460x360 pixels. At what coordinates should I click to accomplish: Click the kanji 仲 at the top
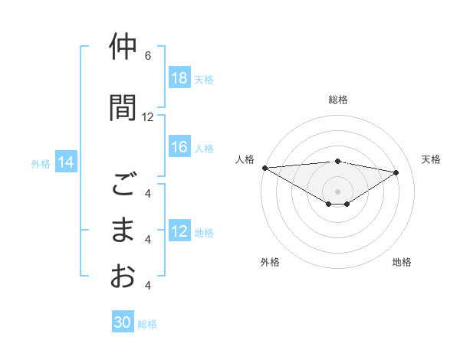click(x=123, y=47)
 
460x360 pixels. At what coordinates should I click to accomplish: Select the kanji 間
click(x=123, y=107)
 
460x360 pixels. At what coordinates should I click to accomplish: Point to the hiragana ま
click(x=123, y=231)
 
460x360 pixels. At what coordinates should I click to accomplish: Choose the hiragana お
click(x=123, y=276)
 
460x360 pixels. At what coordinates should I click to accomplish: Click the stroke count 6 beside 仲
click(x=148, y=56)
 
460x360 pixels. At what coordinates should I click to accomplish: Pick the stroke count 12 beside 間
click(x=148, y=117)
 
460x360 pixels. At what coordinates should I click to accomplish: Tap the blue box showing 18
click(x=179, y=78)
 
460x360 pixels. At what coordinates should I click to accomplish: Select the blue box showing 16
click(x=179, y=148)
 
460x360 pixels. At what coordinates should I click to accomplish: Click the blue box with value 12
click(x=179, y=232)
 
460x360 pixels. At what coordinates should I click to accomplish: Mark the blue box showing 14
click(x=65, y=162)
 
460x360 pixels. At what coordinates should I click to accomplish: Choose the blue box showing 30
click(x=123, y=323)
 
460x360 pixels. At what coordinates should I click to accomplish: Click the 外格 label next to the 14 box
click(x=41, y=163)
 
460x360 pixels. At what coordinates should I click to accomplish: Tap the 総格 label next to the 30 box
click(x=148, y=324)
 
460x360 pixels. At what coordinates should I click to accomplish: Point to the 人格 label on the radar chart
click(x=245, y=159)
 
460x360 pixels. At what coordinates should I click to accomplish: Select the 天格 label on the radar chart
click(x=432, y=159)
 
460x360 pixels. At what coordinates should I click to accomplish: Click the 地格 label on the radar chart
click(x=402, y=262)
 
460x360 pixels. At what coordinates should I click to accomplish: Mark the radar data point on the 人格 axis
click(x=264, y=168)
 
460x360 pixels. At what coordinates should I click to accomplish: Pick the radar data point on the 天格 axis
click(x=396, y=172)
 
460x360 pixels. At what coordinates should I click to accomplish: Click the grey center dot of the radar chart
click(x=337, y=191)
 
